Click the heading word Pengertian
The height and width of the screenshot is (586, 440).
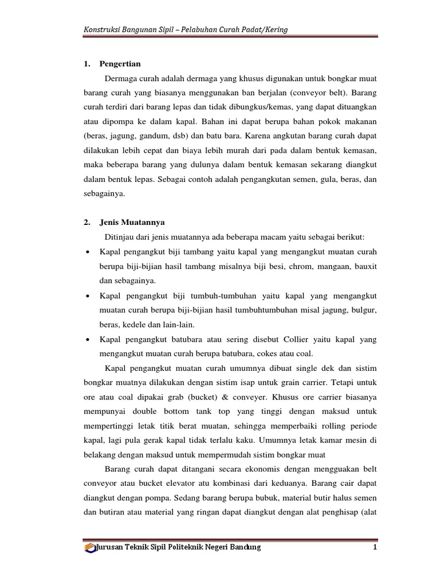pyautogui.click(x=120, y=64)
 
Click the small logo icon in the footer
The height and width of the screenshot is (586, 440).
pyautogui.click(x=90, y=548)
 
